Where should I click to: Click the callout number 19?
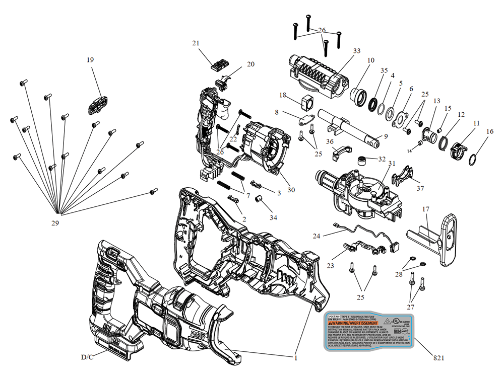coord(90,59)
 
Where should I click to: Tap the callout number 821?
coord(439,358)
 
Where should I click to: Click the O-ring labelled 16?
coord(474,160)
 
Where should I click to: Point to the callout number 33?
coord(357,51)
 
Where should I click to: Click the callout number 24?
coord(316,236)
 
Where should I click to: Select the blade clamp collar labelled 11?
coord(457,148)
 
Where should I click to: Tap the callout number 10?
coord(371,60)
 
